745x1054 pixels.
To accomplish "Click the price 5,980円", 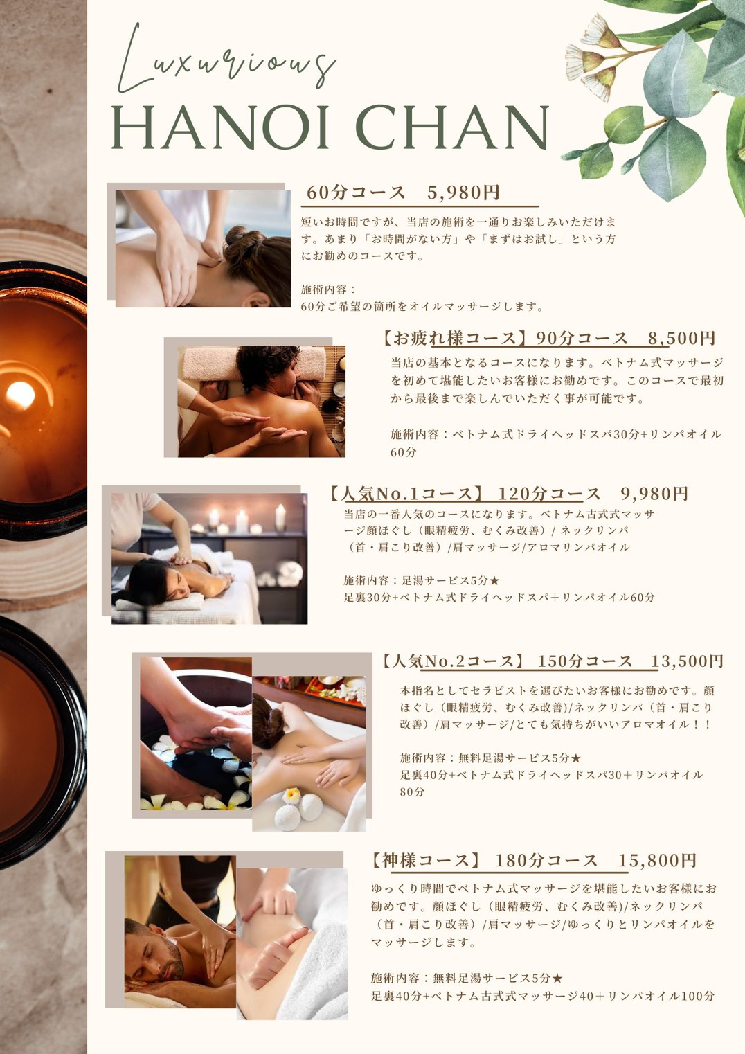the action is [x=463, y=193].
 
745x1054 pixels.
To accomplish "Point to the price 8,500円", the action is [x=681, y=338].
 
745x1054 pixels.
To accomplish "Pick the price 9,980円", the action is [x=654, y=494].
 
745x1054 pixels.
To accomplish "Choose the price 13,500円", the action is [x=687, y=661].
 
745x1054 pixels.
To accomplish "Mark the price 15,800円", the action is [x=657, y=860].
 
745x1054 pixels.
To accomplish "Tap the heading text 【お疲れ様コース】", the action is [x=454, y=338].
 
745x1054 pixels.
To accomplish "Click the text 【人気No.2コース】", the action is [x=454, y=661].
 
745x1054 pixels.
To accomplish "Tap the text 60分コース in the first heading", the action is [x=356, y=193].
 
